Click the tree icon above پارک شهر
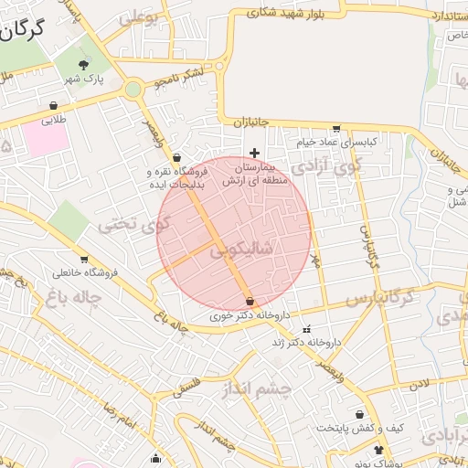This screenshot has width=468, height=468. (x=85, y=64)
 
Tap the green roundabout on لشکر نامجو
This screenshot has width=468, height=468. (x=133, y=89)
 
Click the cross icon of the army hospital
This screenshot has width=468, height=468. (x=254, y=152)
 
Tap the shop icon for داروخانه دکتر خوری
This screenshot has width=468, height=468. (x=250, y=301)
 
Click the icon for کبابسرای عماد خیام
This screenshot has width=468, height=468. (x=337, y=129)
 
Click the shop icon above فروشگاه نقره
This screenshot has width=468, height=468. (x=175, y=157)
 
